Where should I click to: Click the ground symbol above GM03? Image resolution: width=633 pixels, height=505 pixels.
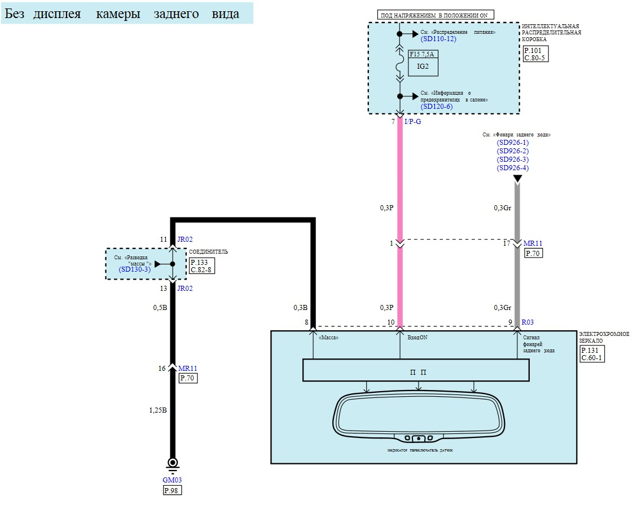coord(173,463)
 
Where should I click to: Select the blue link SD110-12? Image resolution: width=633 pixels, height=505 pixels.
coord(438,39)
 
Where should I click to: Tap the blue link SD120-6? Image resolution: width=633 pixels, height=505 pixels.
coord(437,107)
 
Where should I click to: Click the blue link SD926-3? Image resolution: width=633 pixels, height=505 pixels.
coord(512,160)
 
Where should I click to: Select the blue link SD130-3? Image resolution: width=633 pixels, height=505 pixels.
coord(133,270)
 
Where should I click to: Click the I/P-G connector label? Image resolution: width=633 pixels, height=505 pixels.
coord(413,121)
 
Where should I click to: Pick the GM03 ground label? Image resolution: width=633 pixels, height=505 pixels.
coord(173,480)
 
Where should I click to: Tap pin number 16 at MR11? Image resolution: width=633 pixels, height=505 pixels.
coord(162,369)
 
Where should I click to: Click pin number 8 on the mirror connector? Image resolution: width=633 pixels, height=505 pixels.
coord(306,322)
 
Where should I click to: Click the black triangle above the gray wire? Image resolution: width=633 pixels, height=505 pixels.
coord(517,179)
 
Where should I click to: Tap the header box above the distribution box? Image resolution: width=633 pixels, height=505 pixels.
coord(435,15)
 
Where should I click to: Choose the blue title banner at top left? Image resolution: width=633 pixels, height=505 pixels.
coord(126,13)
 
